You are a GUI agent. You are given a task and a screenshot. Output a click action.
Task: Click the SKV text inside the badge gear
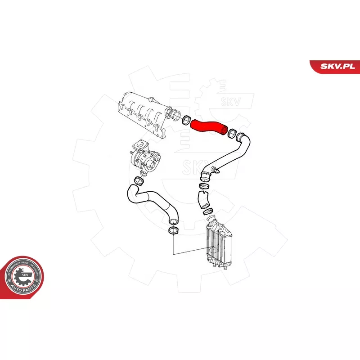[x=25, y=274]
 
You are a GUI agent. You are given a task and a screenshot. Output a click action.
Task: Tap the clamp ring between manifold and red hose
[x=185, y=120]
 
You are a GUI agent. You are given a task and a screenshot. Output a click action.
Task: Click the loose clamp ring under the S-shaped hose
[x=172, y=231]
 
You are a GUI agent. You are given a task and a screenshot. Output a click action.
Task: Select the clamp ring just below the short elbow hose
[x=208, y=211]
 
